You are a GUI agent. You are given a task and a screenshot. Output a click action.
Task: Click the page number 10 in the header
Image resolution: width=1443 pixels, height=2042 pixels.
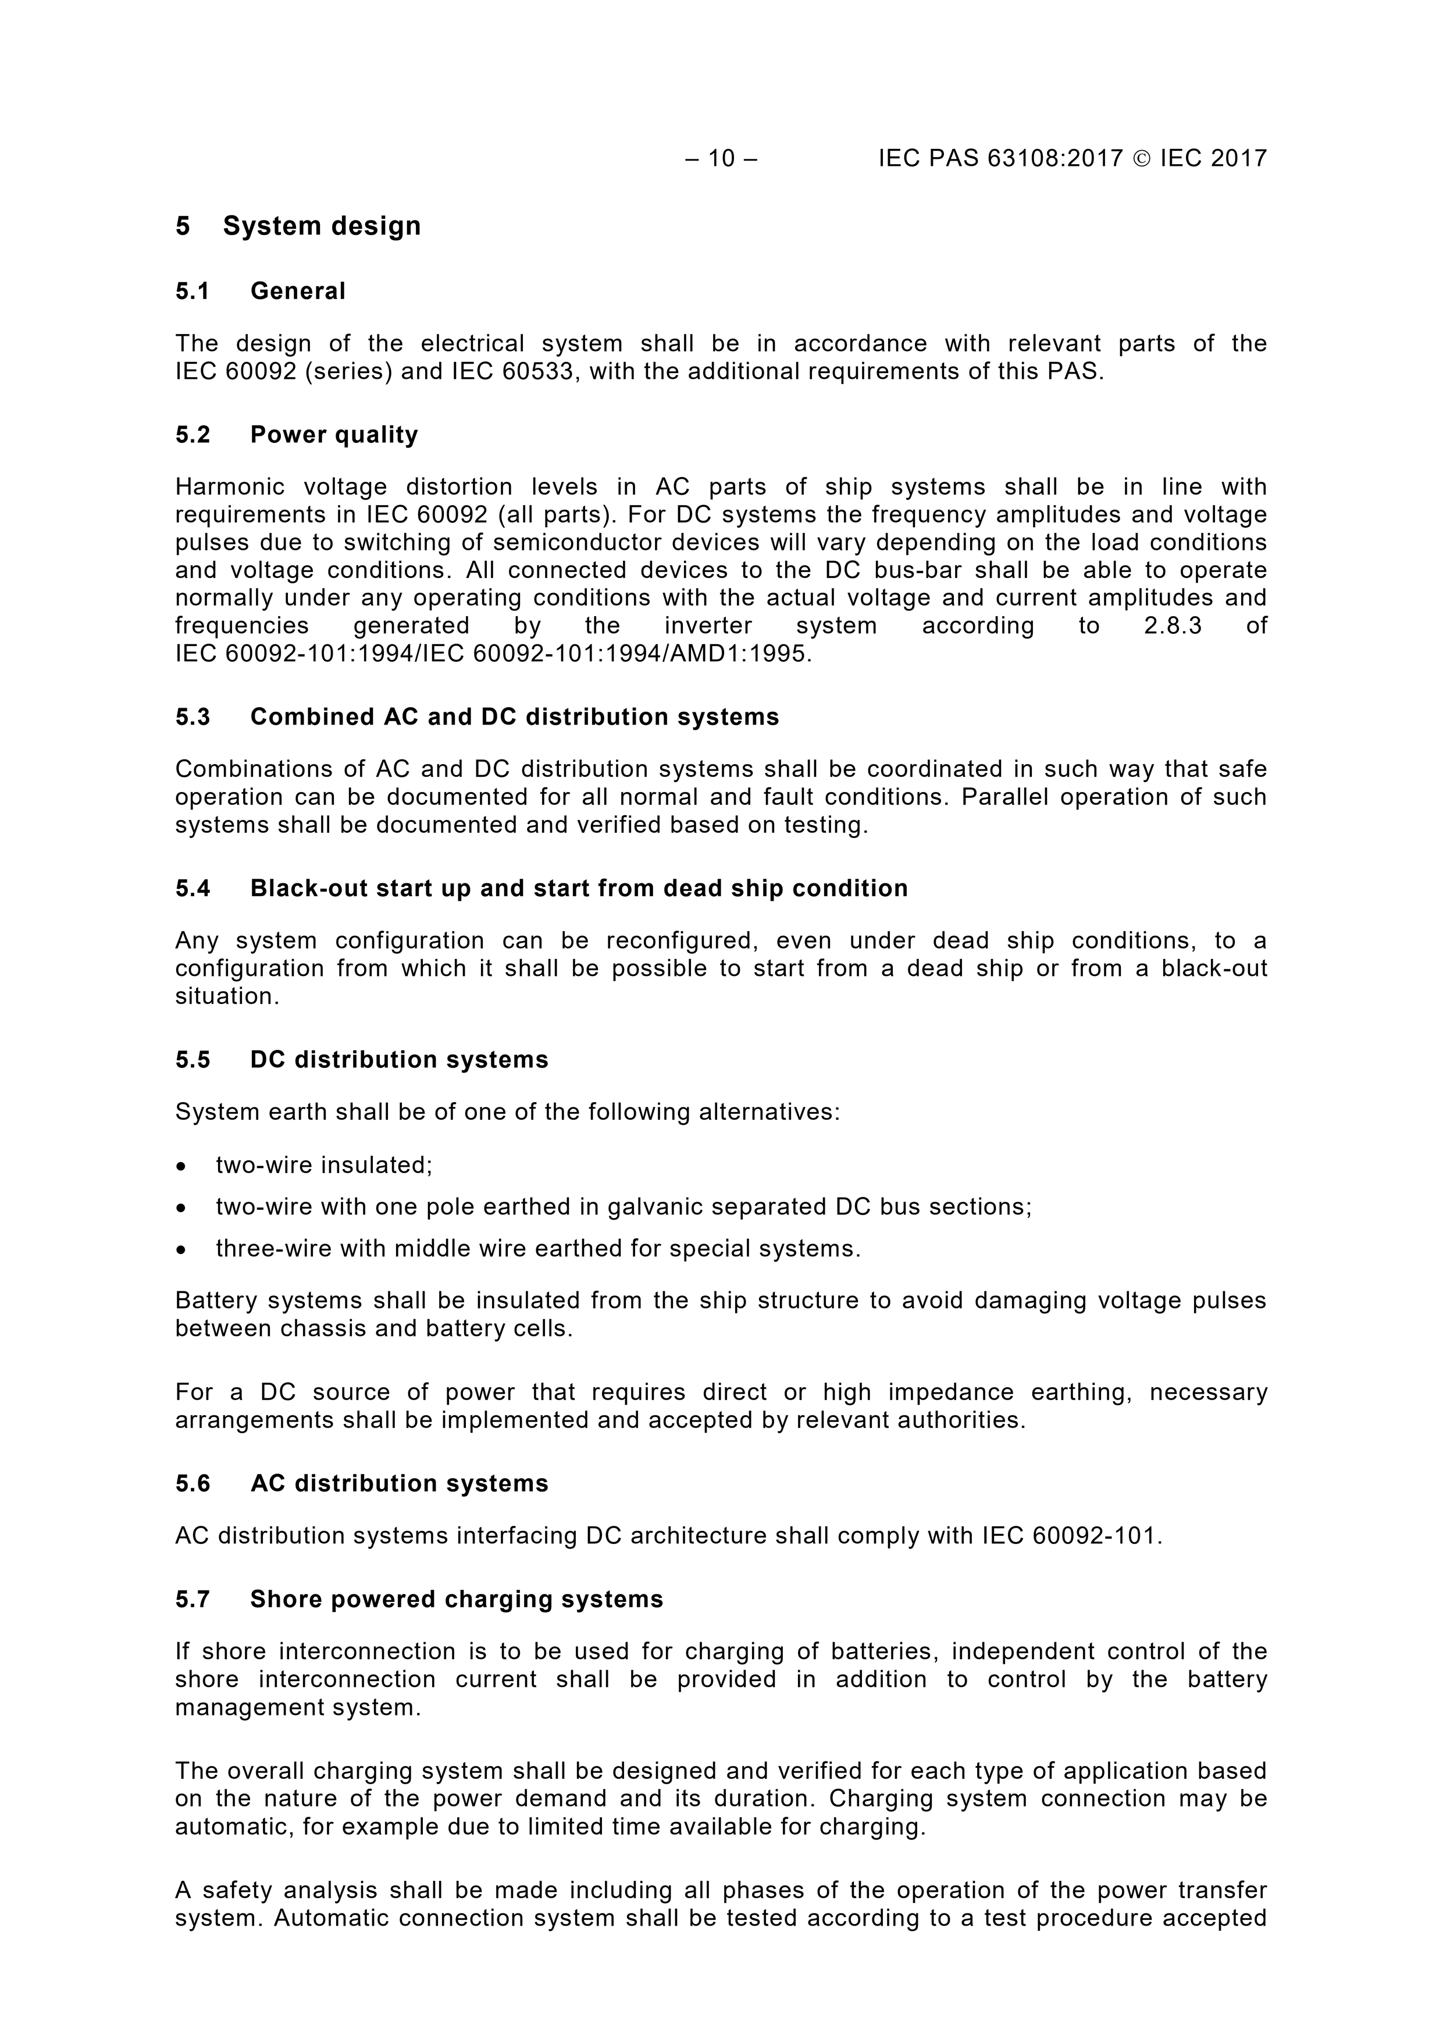(x=721, y=158)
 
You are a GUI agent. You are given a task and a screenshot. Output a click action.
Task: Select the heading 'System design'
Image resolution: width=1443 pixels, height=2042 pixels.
(x=322, y=226)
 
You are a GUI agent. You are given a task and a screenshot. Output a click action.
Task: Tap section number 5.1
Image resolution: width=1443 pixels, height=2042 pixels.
(x=192, y=291)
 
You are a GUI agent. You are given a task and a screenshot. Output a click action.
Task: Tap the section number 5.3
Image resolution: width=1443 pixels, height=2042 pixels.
(x=192, y=717)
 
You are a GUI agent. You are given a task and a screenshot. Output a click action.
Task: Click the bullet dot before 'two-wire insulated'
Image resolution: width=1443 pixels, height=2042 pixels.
(x=181, y=1166)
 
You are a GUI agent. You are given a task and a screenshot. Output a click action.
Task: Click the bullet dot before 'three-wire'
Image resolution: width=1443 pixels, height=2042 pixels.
(x=181, y=1249)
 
